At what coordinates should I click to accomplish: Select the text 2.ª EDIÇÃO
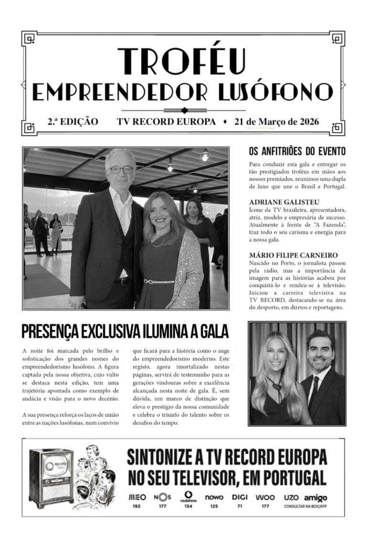point(73,122)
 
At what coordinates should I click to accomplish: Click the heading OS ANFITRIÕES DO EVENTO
point(297,152)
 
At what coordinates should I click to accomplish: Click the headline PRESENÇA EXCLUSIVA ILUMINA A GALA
point(125,331)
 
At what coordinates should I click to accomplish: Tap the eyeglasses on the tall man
point(121,169)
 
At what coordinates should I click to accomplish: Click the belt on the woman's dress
point(159,282)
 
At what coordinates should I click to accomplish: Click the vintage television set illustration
point(51,478)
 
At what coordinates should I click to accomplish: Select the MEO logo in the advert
point(137,497)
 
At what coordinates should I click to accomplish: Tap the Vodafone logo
point(188,497)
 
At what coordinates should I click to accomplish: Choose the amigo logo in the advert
point(315,497)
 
